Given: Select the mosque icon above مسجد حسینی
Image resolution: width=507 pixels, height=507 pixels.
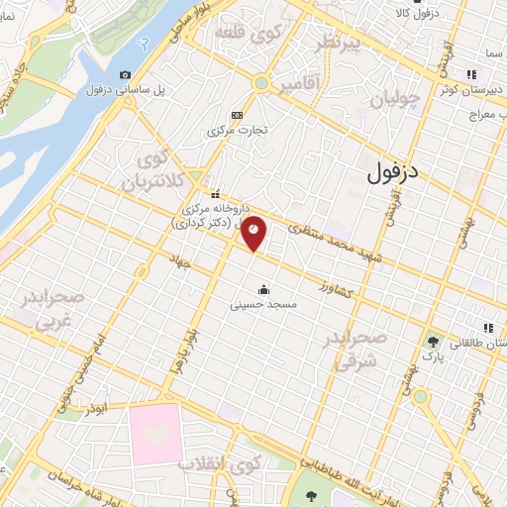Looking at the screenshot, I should pos(264,290).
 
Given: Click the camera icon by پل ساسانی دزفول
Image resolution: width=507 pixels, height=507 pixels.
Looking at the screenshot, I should pos(125,75).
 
